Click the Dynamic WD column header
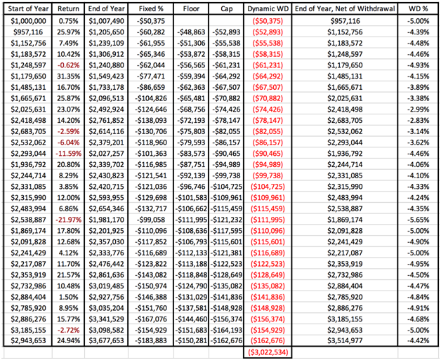click(268, 9)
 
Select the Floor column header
click(191, 9)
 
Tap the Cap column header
click(226, 9)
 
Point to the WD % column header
click(419, 9)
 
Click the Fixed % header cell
click(151, 9)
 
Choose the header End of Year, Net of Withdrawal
click(345, 9)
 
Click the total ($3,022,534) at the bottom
click(268, 352)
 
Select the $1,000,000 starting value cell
click(28, 21)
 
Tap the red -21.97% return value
click(68, 220)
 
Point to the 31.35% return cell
click(68, 76)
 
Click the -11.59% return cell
click(68, 154)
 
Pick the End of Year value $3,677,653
click(106, 341)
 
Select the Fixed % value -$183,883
click(151, 341)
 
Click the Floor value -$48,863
click(191, 32)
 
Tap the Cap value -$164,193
click(226, 330)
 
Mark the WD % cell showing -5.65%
click(419, 220)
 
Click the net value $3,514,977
click(345, 341)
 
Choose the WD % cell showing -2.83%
click(419, 121)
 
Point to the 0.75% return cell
click(68, 21)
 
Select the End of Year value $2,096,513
click(106, 99)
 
